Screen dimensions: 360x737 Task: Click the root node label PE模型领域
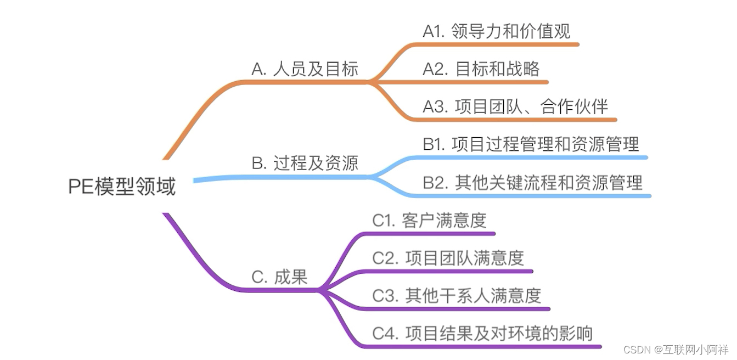pyautogui.click(x=122, y=187)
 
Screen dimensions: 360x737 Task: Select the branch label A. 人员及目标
pyautogui.click(x=305, y=69)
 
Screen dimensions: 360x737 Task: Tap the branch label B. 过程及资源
pyautogui.click(x=305, y=163)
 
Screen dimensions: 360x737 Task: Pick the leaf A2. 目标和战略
pyautogui.click(x=481, y=69)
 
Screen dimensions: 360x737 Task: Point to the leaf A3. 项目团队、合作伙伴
pyautogui.click(x=515, y=106)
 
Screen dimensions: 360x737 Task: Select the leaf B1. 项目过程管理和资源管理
pyautogui.click(x=531, y=144)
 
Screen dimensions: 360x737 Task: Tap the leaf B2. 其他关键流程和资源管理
pyautogui.click(x=532, y=183)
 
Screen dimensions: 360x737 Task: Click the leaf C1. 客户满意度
pyautogui.click(x=429, y=220)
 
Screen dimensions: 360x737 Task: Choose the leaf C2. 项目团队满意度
pyautogui.click(x=448, y=258)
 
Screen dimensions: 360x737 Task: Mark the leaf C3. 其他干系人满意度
pyautogui.click(x=457, y=296)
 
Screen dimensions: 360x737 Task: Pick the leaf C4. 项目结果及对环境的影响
pyautogui.click(x=482, y=333)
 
